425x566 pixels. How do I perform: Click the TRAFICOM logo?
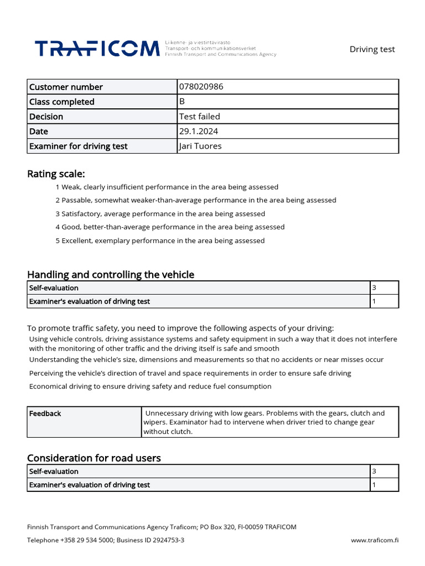(97, 49)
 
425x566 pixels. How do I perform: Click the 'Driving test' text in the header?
(372, 49)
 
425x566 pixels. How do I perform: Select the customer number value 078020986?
(201, 87)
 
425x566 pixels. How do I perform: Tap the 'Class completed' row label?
(62, 102)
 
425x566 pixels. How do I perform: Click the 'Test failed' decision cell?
(200, 117)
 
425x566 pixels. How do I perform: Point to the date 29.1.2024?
(199, 132)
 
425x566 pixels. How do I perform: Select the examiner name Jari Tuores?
(201, 146)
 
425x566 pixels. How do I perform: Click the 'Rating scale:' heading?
(56, 174)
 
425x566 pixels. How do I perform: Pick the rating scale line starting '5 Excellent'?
(160, 240)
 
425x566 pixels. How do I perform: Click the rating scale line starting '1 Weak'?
(167, 187)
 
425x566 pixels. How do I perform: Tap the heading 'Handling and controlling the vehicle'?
(111, 275)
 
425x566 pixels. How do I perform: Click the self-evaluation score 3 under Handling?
(375, 288)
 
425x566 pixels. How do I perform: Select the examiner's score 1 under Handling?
(375, 301)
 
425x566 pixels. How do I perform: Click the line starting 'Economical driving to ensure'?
(150, 386)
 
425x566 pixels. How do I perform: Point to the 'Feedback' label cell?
(45, 413)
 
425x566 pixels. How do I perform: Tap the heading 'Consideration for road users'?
(94, 458)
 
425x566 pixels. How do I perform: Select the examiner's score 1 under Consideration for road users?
(375, 485)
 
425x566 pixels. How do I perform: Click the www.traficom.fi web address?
(375, 540)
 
